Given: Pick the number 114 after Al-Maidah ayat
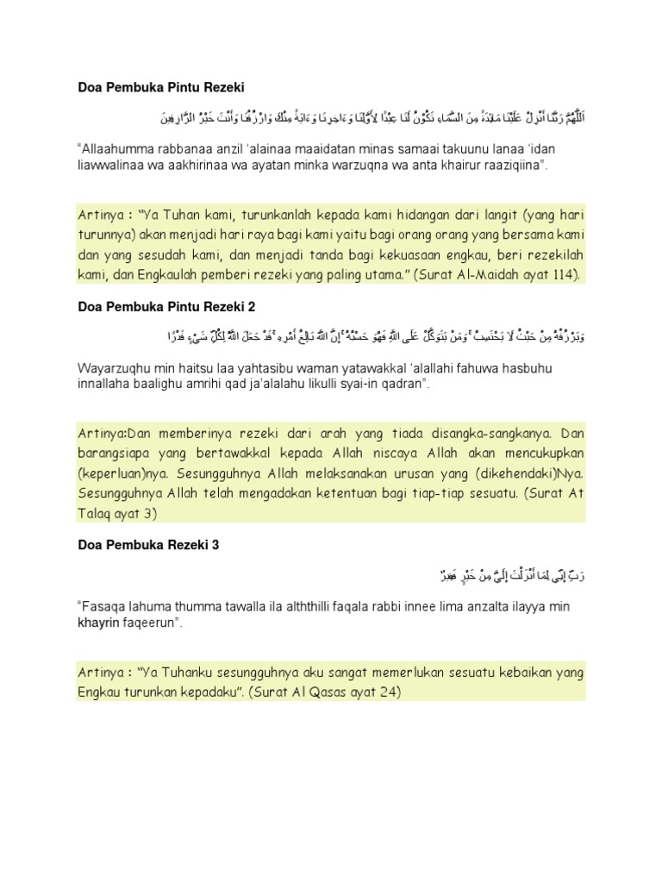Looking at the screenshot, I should click(x=566, y=275).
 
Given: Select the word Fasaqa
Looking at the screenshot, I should click(x=103, y=607).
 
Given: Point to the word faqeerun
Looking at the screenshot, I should click(x=155, y=622).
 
